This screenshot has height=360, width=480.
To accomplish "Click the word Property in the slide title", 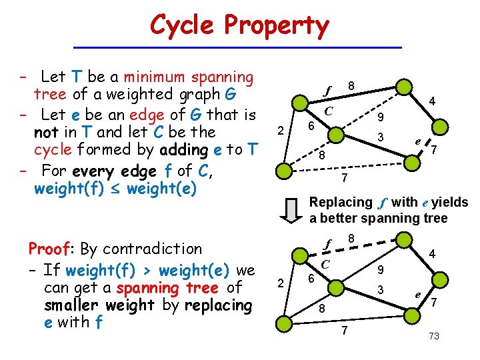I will tap(277, 27).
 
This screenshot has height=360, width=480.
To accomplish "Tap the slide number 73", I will tap(434, 337).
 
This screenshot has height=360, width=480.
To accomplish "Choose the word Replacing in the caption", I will tap(341, 202).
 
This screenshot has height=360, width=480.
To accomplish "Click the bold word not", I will tap(46, 132).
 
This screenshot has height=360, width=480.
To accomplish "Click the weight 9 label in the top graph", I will tap(379, 118).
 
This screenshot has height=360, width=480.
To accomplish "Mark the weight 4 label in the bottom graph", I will tap(432, 254).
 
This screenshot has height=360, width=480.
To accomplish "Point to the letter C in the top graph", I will tap(329, 110).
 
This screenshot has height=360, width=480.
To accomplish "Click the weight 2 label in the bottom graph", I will tap(282, 282).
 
